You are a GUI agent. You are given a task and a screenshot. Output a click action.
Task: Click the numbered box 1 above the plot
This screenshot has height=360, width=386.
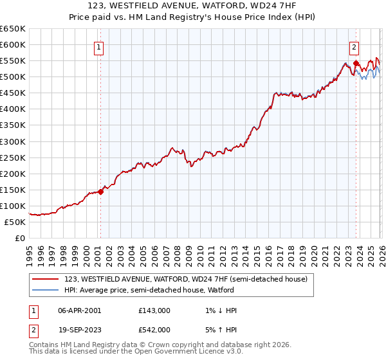click(x=99, y=46)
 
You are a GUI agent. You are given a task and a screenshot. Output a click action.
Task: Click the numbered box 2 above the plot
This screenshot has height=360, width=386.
click(x=354, y=46)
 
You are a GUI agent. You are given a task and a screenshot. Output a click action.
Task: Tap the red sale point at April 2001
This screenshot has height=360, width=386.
click(x=100, y=192)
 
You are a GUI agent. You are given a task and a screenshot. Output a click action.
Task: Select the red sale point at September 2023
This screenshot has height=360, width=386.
click(x=356, y=63)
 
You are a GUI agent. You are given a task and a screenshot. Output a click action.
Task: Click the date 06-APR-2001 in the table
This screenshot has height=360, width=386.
click(x=80, y=310)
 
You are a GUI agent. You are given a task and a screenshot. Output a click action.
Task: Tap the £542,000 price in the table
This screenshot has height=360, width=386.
click(x=154, y=329)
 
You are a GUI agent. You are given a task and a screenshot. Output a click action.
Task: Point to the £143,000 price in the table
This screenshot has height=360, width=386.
click(x=154, y=310)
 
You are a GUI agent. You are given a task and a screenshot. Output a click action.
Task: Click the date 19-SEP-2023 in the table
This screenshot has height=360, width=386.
click(x=80, y=329)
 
